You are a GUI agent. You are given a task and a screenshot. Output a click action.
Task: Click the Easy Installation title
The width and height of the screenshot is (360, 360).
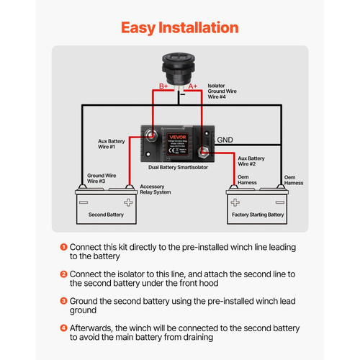[x=179, y=28]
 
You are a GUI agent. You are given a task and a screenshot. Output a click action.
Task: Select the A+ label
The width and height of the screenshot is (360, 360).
[x=194, y=85]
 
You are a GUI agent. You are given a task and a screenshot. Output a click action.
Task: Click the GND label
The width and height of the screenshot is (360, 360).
[x=225, y=140]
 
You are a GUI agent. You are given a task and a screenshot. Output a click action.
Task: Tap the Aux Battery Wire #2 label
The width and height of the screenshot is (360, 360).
[x=251, y=161]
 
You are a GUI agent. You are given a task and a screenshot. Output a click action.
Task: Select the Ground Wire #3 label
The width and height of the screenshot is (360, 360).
[x=101, y=178]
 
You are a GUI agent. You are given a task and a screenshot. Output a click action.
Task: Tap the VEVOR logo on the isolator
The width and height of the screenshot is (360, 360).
[x=177, y=134]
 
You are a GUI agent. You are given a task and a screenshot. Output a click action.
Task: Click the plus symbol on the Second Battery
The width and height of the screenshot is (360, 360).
[x=127, y=202]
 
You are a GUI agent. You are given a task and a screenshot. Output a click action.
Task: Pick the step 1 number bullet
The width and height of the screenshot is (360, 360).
[x=63, y=247]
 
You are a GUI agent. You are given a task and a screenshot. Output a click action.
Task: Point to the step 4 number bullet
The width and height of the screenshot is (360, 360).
[x=63, y=328]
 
